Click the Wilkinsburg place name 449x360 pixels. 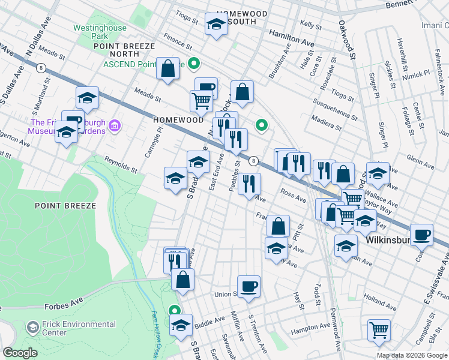click(x=388, y=241)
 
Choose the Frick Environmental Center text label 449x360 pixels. click(x=71, y=328)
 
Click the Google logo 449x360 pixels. click(x=20, y=353)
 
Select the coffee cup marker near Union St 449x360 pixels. click(x=249, y=286)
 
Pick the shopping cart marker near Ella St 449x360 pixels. click(x=379, y=328)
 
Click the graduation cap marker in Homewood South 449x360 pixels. click(x=215, y=25)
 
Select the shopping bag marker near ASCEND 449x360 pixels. click(x=169, y=68)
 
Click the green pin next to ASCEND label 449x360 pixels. click(x=194, y=63)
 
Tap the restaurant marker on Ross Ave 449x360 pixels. click(x=249, y=182)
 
